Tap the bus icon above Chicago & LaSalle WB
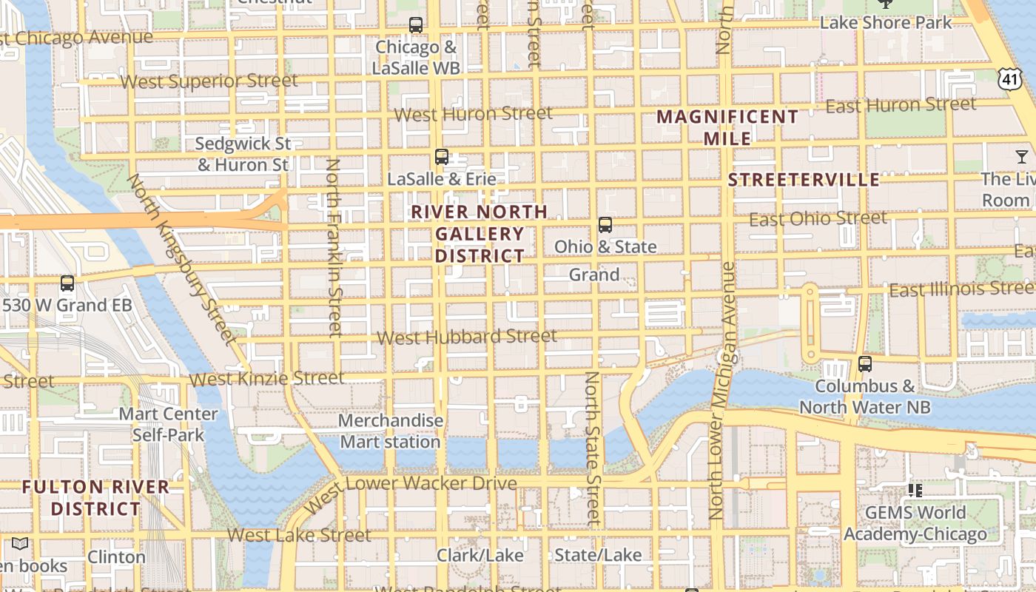click(416, 25)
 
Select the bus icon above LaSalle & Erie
click(442, 157)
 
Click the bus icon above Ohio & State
click(605, 225)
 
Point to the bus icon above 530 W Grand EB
click(67, 283)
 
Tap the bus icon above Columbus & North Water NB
click(864, 364)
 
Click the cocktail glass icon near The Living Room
click(1022, 156)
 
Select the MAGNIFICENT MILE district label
click(727, 127)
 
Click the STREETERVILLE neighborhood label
click(804, 180)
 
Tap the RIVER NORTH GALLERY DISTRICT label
click(480, 234)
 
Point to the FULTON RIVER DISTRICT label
click(95, 498)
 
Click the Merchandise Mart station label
click(391, 431)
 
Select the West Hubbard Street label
click(467, 337)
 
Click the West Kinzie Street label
click(266, 379)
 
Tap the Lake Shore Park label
click(886, 23)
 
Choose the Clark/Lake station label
click(480, 555)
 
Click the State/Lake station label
click(598, 555)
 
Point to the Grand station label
click(594, 275)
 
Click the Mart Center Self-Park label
click(168, 424)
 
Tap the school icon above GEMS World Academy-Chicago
click(915, 490)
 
